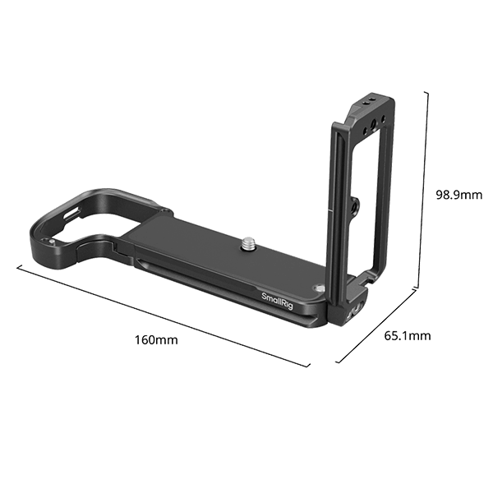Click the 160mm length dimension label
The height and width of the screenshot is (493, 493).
pyautogui.click(x=157, y=339)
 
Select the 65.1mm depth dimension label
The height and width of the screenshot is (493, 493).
pyautogui.click(x=407, y=335)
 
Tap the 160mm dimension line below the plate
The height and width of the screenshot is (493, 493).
pyautogui.click(x=164, y=316)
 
